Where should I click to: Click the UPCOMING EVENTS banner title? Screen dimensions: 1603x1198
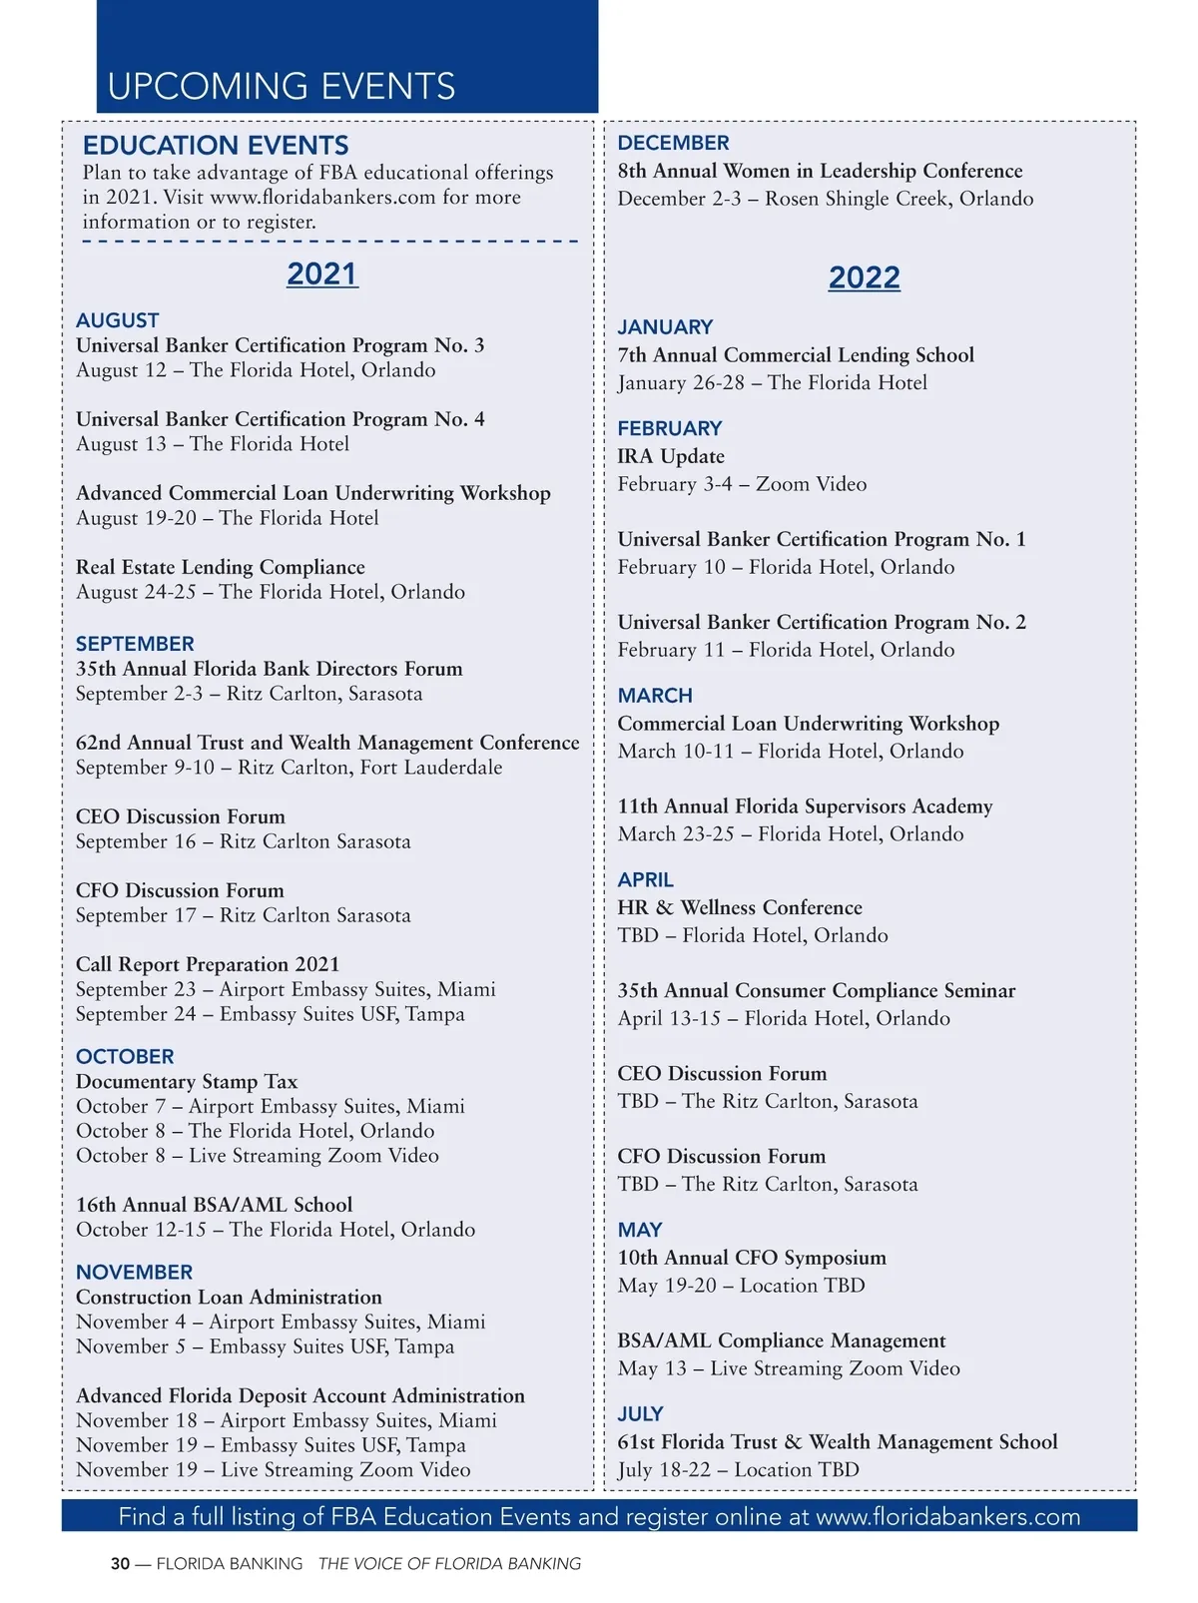[281, 87]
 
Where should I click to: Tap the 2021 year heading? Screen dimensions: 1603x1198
[321, 273]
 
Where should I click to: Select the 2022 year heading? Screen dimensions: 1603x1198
[864, 277]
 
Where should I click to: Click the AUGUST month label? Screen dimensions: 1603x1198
[117, 320]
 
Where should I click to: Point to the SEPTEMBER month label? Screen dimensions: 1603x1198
[135, 644]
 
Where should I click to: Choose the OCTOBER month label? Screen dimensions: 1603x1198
[125, 1056]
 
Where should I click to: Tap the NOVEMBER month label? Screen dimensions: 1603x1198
[134, 1272]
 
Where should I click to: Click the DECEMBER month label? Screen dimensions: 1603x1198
[673, 143]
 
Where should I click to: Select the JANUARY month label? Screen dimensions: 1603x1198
[665, 327]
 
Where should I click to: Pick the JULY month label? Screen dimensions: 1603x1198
[640, 1414]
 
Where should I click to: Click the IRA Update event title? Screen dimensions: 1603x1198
[671, 456]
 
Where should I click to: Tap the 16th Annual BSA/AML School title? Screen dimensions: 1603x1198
[214, 1205]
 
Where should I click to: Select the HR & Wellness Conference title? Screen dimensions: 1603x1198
[739, 907]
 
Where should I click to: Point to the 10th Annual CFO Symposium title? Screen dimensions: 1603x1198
[751, 1258]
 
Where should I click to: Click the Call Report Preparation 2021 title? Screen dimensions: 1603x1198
[207, 964]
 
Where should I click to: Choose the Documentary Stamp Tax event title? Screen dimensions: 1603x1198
[186, 1081]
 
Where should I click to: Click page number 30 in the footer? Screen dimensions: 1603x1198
[120, 1564]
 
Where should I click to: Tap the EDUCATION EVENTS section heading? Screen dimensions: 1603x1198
[216, 146]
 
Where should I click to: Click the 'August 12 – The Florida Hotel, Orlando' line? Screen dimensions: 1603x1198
[256, 370]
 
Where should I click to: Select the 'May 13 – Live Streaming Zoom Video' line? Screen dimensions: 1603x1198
[788, 1368]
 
